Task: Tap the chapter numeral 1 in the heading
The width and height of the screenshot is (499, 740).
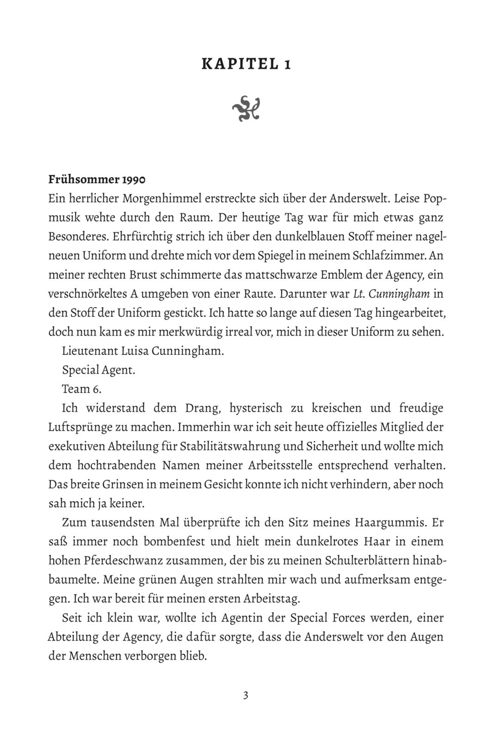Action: (x=288, y=64)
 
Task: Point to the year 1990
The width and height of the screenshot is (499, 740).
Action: (x=134, y=179)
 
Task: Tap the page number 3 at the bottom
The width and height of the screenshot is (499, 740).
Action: (x=246, y=695)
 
